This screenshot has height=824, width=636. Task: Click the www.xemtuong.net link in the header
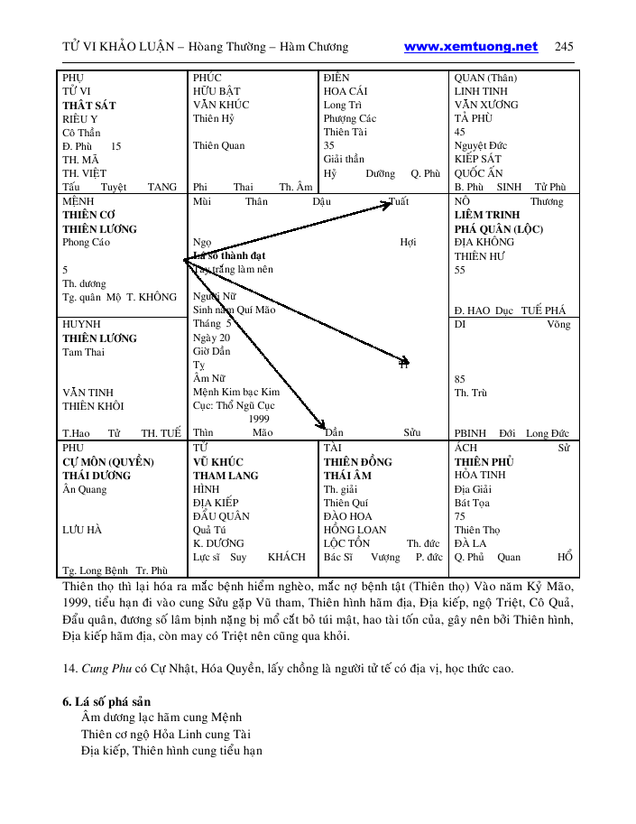[x=470, y=47]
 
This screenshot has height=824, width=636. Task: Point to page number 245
[x=564, y=47]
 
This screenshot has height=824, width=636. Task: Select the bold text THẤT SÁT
[x=88, y=105]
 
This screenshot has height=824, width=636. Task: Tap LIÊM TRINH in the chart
[x=487, y=216]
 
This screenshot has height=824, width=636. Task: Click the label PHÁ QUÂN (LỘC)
[x=499, y=229]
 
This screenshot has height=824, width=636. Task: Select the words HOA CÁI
[x=346, y=91]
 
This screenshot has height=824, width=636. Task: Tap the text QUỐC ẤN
[x=478, y=172]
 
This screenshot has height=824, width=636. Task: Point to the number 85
[x=460, y=379]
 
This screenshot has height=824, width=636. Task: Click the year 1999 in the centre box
[x=259, y=419]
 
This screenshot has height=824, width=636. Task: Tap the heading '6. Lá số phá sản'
[x=106, y=701]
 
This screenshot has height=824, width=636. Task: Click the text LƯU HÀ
[x=82, y=530]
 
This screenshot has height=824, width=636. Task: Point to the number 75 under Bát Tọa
[x=460, y=516]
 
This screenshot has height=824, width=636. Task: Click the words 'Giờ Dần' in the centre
[x=211, y=351]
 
